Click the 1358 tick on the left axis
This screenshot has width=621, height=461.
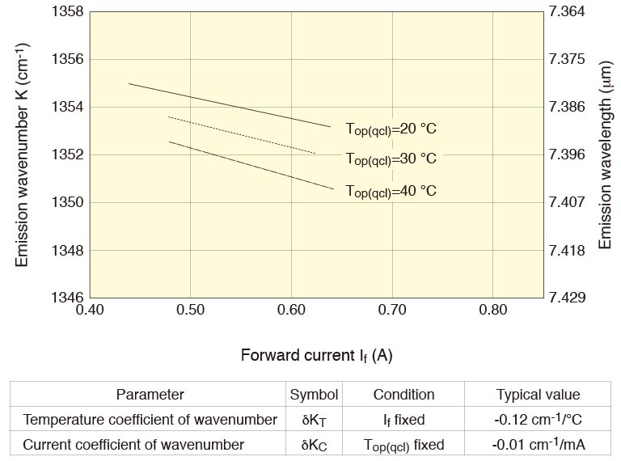pos(67,12)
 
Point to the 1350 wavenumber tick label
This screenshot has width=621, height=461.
pos(67,202)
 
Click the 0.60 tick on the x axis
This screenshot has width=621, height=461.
pos(290,310)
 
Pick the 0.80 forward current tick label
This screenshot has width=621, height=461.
pos(492,310)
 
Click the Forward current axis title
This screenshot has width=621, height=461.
pos(316,355)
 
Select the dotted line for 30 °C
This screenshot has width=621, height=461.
pos(243,135)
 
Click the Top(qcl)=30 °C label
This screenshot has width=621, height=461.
pos(391,159)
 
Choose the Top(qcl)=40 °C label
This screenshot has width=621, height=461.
pos(391,191)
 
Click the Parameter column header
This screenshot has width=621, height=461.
pos(150,395)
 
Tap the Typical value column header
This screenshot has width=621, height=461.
pos(538,395)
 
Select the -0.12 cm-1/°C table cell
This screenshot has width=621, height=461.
pos(538,420)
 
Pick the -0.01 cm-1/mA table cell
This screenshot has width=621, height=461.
pos(538,445)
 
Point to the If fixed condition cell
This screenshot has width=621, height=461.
pos(403,420)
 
